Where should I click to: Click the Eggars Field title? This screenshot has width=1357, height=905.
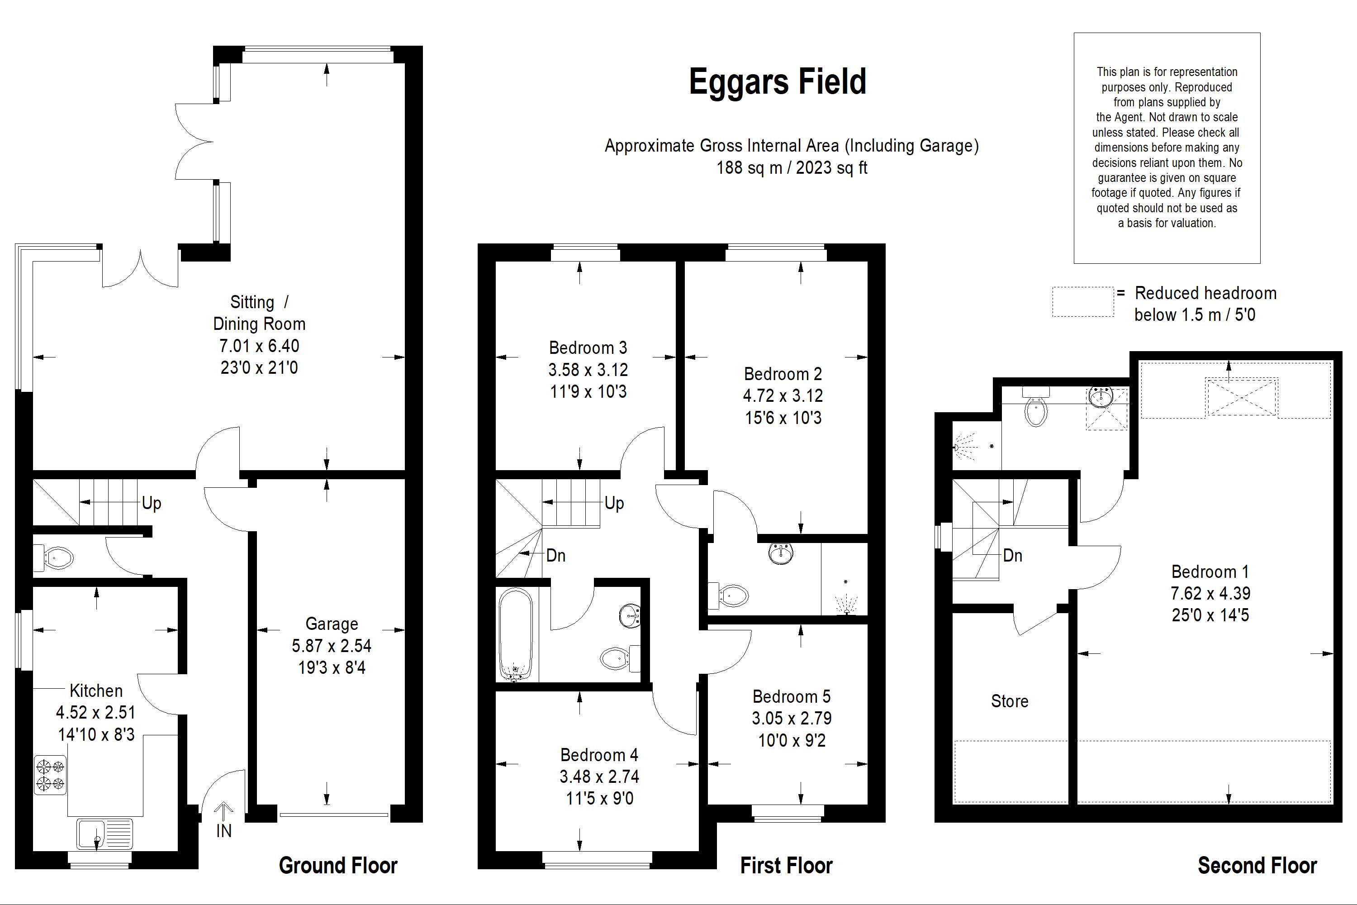click(x=777, y=82)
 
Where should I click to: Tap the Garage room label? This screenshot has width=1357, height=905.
click(x=332, y=624)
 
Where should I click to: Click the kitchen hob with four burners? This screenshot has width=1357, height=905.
click(x=50, y=775)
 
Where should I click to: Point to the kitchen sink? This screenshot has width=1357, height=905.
click(x=104, y=834)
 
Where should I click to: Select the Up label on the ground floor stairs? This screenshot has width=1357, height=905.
click(x=152, y=503)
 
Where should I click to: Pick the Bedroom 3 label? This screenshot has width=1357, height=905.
click(x=588, y=348)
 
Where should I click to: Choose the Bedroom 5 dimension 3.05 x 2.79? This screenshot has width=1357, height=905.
click(x=792, y=719)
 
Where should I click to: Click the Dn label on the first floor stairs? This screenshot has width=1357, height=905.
click(x=555, y=556)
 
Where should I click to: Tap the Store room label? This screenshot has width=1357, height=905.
click(x=1010, y=701)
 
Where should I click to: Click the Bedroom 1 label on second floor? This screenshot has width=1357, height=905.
click(x=1210, y=572)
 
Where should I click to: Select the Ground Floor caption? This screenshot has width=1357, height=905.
click(x=338, y=866)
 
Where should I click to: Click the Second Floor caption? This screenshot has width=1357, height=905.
click(x=1257, y=866)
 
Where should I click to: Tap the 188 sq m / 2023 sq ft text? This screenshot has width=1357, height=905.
click(x=792, y=168)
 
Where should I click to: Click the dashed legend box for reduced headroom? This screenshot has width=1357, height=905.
click(x=1083, y=302)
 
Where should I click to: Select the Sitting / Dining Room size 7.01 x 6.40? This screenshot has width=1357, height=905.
click(x=259, y=346)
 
